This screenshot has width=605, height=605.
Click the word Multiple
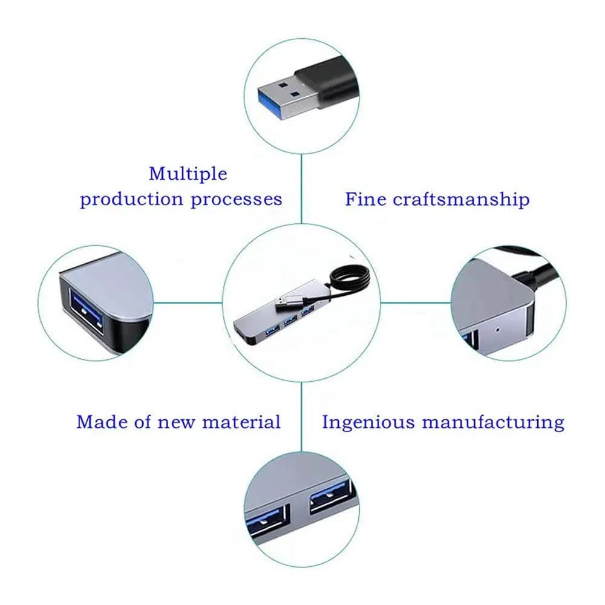188,174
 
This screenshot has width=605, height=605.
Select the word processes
237,199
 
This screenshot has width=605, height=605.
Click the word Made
100,421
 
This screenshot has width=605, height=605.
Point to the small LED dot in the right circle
497,331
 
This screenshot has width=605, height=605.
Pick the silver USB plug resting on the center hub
290,301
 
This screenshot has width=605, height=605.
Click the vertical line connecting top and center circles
301,188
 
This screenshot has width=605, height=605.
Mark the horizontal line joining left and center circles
188,302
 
